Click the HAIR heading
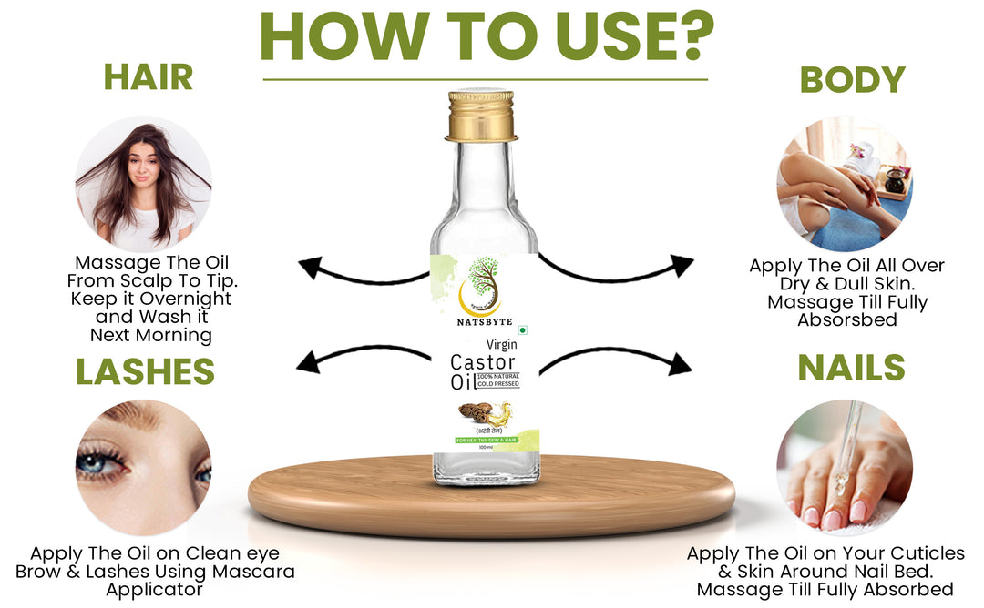(148, 77)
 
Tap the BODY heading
(852, 80)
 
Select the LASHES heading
(145, 371)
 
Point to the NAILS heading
(851, 368)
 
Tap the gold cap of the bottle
(481, 116)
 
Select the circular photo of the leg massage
(844, 184)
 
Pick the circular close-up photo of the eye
(143, 468)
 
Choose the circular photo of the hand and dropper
(844, 467)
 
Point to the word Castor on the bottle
(483, 362)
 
